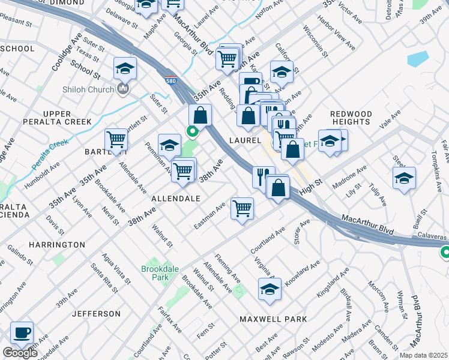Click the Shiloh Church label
click(88, 90)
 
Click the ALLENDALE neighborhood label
click(175, 198)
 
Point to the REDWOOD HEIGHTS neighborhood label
click(351, 118)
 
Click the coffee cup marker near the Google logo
click(22, 333)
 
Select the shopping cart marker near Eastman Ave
click(243, 209)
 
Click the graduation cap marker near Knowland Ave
click(270, 289)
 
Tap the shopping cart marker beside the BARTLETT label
click(116, 140)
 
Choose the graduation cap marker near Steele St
click(404, 178)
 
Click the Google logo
click(19, 353)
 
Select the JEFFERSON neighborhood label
click(97, 314)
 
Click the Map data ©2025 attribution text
click(424, 355)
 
